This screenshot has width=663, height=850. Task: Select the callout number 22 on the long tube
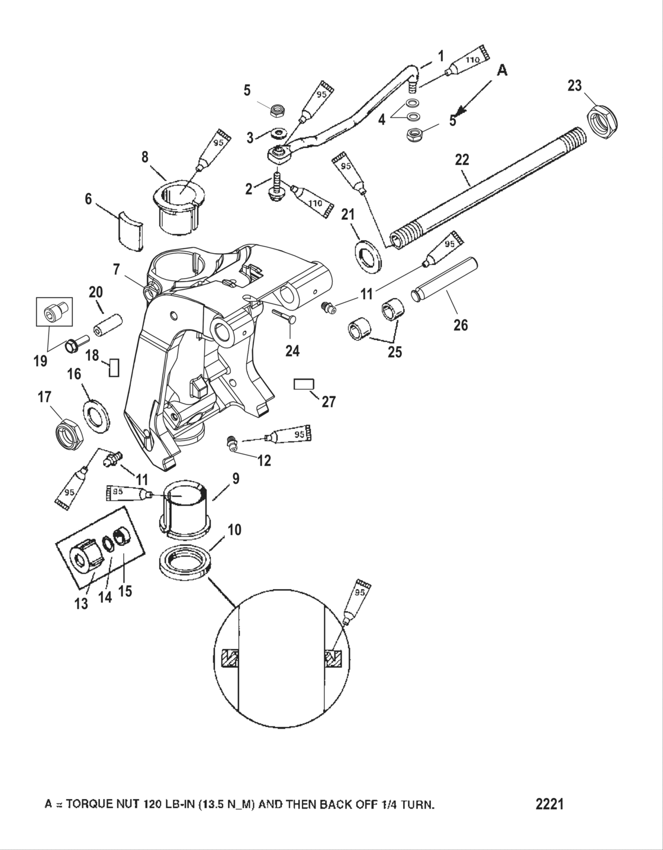(462, 160)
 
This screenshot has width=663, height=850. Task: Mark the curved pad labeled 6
(129, 229)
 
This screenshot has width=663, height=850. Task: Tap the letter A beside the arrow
(501, 70)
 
